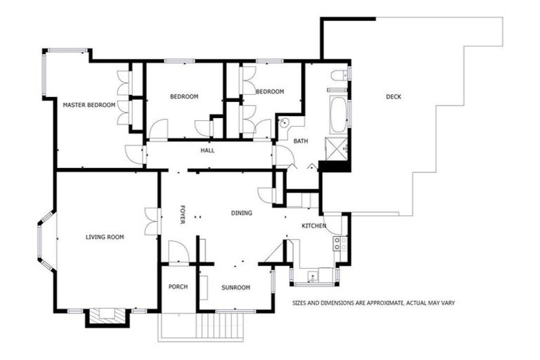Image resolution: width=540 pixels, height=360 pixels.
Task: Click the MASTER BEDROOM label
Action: pos(89,105)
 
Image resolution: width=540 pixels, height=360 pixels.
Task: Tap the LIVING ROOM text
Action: pos(105,237)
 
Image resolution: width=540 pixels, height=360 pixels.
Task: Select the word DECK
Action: pos(393,97)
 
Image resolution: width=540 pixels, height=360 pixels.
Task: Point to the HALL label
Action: pos(207,150)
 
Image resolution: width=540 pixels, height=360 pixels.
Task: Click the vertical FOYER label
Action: pos(182,214)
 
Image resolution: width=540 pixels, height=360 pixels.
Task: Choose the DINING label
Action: pos(242,212)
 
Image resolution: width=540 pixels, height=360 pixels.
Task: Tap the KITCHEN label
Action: pos(314,226)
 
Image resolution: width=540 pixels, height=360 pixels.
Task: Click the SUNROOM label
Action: pos(236,287)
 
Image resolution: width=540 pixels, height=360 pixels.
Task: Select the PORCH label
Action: pos(177,287)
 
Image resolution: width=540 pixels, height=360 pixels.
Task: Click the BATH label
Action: pos(300,141)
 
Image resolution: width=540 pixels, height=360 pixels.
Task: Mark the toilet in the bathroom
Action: pos(338,75)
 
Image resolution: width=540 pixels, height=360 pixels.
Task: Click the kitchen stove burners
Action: pos(337,244)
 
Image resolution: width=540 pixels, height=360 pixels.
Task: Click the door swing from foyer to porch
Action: pos(178,251)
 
